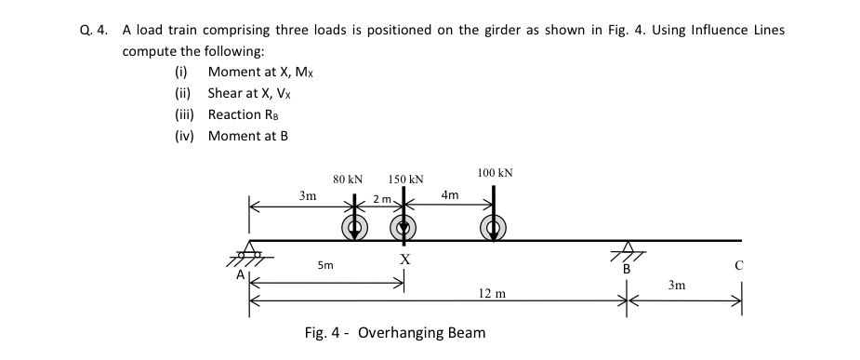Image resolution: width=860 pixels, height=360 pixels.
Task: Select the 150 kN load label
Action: tap(406, 179)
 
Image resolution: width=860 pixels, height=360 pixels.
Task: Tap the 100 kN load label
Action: tap(494, 173)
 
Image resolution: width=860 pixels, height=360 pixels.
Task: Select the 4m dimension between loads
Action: tap(450, 195)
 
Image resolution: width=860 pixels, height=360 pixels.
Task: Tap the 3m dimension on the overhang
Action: tap(679, 287)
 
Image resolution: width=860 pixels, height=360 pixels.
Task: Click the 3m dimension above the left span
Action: tap(307, 196)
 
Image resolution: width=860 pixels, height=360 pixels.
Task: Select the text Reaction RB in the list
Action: tap(244, 114)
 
